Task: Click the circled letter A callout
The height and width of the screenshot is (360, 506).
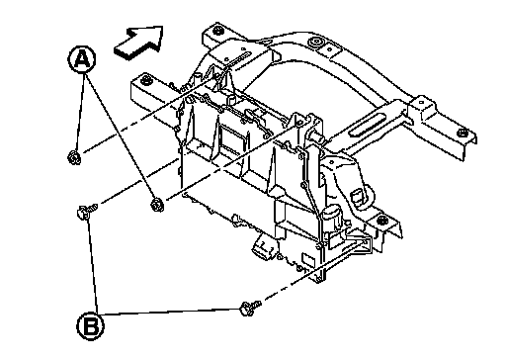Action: (82, 59)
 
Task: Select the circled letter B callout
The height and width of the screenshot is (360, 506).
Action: (91, 326)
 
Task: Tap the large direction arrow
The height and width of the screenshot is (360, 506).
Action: (139, 43)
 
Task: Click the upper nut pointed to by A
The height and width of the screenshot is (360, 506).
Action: (74, 157)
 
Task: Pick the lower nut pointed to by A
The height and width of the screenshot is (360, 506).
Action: (157, 205)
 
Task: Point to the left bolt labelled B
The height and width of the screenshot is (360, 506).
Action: (86, 212)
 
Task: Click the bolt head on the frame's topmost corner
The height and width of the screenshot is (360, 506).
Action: (217, 31)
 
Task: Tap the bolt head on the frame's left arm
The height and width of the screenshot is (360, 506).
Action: (144, 80)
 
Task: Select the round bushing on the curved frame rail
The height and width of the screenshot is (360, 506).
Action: (316, 43)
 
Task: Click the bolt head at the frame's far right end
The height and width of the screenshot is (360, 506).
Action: (462, 133)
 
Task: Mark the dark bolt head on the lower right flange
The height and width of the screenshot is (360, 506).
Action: (381, 220)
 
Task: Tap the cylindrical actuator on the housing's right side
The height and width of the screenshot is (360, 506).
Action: (334, 216)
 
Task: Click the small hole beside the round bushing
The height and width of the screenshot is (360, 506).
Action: (329, 49)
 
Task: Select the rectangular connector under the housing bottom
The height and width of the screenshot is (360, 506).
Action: (263, 247)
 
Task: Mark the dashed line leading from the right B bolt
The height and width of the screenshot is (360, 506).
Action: (314, 271)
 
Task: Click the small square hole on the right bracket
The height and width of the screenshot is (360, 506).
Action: (422, 103)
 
